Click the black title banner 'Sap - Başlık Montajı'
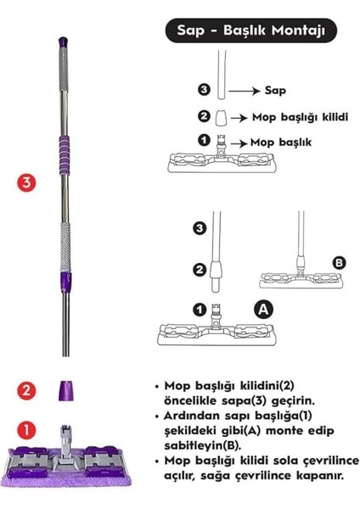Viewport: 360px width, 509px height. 251,31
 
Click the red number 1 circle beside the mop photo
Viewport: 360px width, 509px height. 28,430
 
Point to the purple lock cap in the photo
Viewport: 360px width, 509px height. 65,392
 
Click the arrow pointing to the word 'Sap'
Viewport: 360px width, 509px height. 247,88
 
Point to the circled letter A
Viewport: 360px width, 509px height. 264,311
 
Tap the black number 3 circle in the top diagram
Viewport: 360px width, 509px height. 203,88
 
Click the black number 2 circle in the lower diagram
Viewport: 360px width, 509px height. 200,270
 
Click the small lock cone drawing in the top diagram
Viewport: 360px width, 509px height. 220,117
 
